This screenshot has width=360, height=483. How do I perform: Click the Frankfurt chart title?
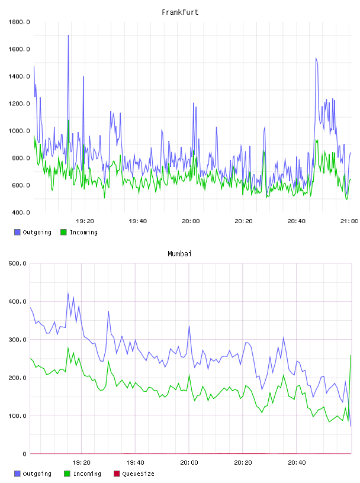[180, 12]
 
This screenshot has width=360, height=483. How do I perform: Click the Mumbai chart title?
[179, 254]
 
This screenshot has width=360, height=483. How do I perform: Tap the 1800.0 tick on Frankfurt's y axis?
[19, 22]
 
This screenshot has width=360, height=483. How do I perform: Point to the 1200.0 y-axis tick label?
[19, 104]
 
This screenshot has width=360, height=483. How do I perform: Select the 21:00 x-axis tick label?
[349, 221]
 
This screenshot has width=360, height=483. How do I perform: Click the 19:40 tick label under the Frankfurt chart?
[138, 221]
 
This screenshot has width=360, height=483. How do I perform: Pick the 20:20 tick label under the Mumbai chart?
[243, 463]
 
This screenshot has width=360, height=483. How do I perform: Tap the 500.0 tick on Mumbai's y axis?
[18, 263]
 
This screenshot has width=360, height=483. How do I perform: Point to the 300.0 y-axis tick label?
[18, 339]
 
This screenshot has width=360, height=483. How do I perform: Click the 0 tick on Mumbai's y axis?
[25, 454]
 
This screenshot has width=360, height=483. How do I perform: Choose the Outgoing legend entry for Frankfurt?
[33, 232]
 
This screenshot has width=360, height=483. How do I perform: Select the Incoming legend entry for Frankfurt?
[79, 232]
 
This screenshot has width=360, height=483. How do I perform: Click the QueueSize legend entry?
[134, 474]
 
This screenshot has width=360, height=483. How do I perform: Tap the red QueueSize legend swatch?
[117, 474]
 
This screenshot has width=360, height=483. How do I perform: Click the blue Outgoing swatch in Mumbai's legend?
[17, 474]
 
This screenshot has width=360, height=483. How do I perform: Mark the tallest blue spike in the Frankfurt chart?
[68, 36]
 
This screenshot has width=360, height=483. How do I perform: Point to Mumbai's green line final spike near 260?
[351, 356]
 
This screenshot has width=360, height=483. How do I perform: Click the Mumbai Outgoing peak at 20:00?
[189, 327]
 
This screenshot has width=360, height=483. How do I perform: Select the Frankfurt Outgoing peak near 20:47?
[316, 58]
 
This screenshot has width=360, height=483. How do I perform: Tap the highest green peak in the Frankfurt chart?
[69, 120]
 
